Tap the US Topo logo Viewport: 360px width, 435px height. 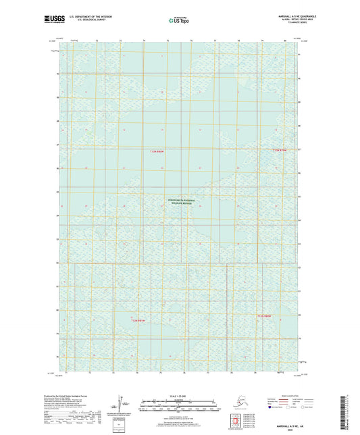tap(178, 21)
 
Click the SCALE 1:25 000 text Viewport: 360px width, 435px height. tap(179, 395)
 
